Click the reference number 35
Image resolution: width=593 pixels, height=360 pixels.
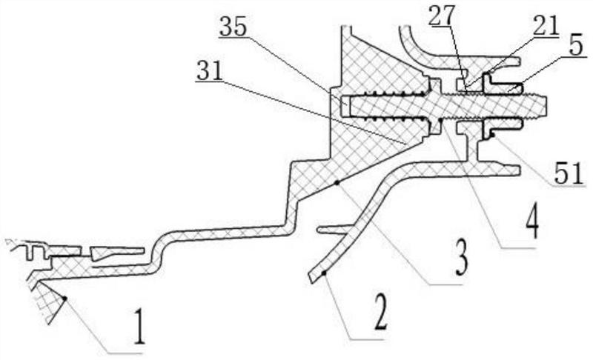233,27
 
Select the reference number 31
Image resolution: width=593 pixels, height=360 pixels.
209,70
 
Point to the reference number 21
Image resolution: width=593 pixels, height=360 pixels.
546,26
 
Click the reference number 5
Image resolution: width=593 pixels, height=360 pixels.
577,46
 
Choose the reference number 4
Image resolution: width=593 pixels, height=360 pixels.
531,226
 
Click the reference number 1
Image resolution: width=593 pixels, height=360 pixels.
139,331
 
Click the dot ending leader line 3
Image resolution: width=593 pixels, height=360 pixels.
337,183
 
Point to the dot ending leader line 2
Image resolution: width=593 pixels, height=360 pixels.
323,273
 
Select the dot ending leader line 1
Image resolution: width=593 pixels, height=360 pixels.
64,299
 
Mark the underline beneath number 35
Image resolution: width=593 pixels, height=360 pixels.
233,37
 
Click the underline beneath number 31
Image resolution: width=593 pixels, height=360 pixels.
209,81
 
